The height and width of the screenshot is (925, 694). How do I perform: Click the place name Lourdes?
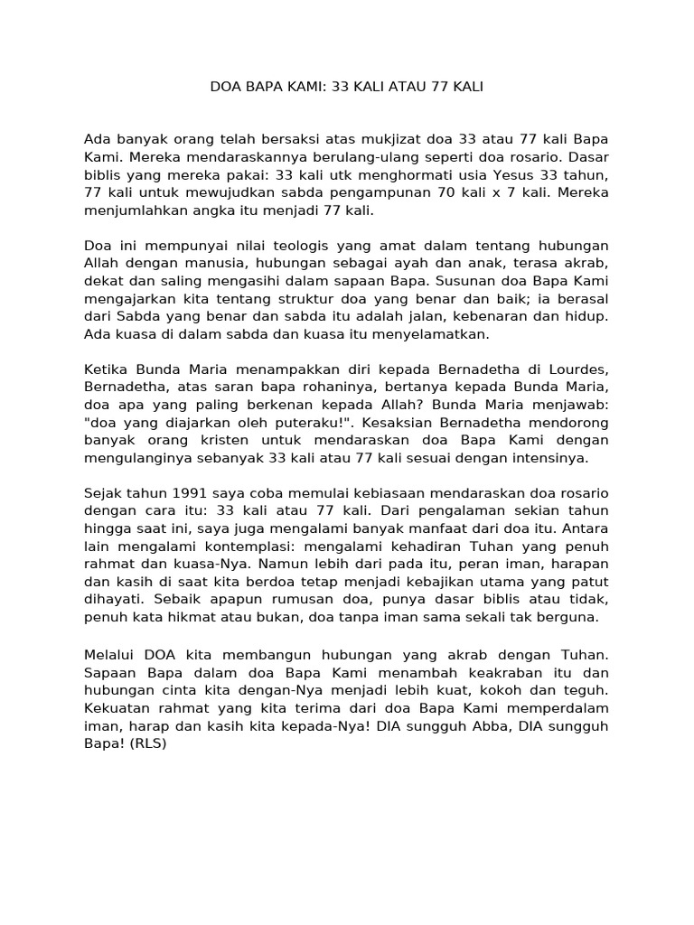point(576,369)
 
